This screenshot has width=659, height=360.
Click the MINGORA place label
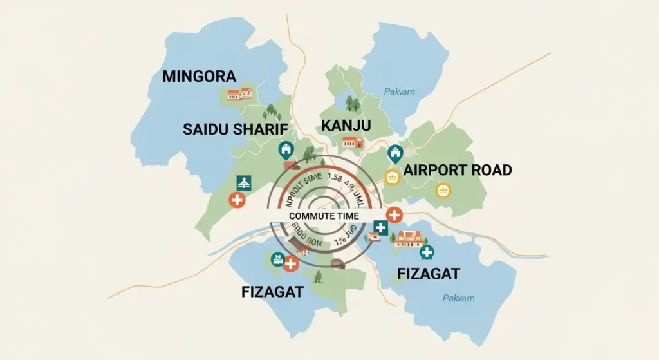pyautogui.click(x=199, y=77)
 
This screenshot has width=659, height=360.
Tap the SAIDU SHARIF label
pyautogui.click(x=234, y=128)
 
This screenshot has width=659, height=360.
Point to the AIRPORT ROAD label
pyautogui.click(x=458, y=170)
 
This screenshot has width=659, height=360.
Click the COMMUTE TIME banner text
pyautogui.click(x=324, y=216)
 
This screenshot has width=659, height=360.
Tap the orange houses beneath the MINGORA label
pyautogui.click(x=239, y=94)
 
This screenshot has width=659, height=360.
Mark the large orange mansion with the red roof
pyautogui.click(x=409, y=238)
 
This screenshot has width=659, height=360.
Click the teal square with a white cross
pyautogui.click(x=380, y=227)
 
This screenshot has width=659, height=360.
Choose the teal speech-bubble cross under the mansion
pyautogui.click(x=427, y=252)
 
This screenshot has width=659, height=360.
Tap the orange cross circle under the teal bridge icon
pyautogui.click(x=237, y=200)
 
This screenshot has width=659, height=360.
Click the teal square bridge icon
pyautogui.click(x=243, y=182)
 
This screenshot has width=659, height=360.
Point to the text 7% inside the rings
pyautogui.click(x=340, y=242)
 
